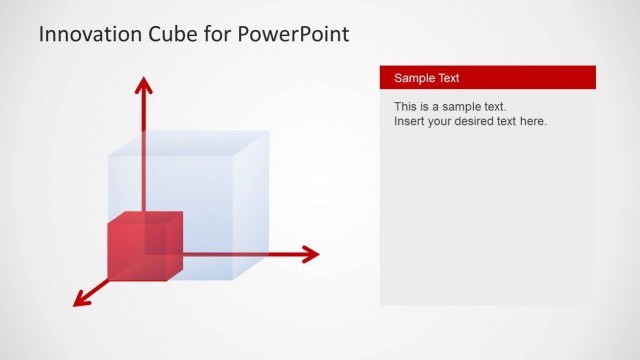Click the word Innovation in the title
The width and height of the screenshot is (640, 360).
pyautogui.click(x=87, y=35)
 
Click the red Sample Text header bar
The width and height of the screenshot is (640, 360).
pyautogui.click(x=487, y=78)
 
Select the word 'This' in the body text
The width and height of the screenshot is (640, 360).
pyautogui.click(x=406, y=106)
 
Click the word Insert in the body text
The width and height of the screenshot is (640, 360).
pyautogui.click(x=410, y=121)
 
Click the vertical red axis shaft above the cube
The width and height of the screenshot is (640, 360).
pyautogui.click(x=144, y=115)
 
